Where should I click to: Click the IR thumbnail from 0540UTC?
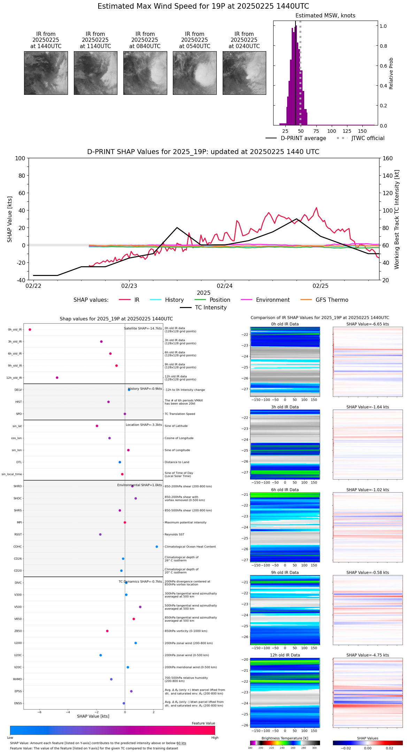pyautogui.click(x=194, y=73)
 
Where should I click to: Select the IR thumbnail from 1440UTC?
pyautogui.click(x=46, y=73)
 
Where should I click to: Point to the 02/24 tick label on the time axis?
pyautogui.click(x=225, y=286)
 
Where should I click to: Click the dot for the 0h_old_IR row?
pyautogui.click(x=30, y=330)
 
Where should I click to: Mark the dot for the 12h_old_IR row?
pyautogui.click(x=57, y=378)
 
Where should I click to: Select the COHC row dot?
pyautogui.click(x=157, y=547)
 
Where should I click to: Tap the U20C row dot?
pyautogui.click(x=101, y=655)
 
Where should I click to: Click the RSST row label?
pyautogui.click(x=18, y=535)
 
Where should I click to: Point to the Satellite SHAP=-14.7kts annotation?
pyautogui.click(x=143, y=329)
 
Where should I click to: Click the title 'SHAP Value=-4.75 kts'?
pyautogui.click(x=368, y=655)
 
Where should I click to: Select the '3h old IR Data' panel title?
pyautogui.click(x=285, y=407)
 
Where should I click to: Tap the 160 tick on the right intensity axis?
pyautogui.click(x=388, y=159)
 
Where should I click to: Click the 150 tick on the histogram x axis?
pyautogui.click(x=362, y=131)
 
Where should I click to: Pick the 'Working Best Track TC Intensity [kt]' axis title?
pyautogui.click(x=397, y=220)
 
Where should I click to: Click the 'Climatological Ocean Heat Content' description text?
pyautogui.click(x=190, y=547)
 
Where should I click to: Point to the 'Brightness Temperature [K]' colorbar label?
pyautogui.click(x=285, y=738)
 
